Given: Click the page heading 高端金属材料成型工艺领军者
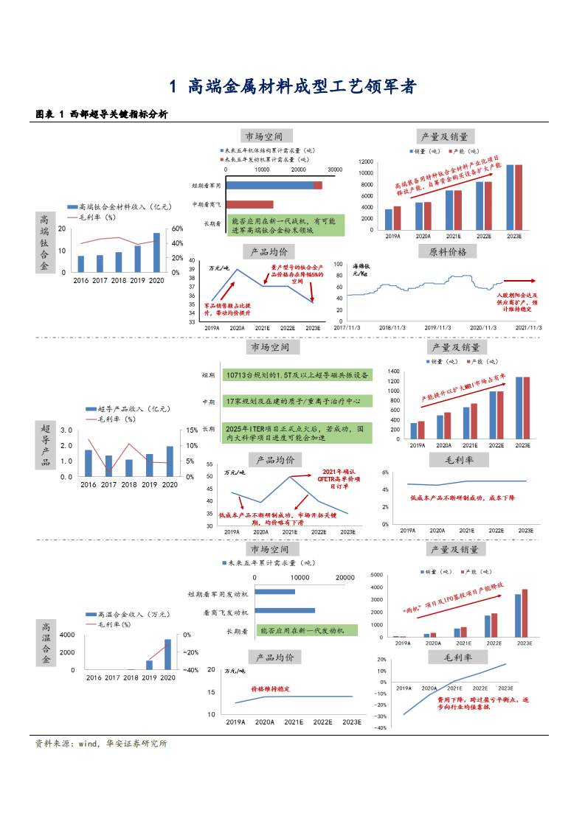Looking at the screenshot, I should click(293, 87).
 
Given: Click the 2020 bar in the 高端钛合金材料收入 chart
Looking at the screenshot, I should click(156, 253).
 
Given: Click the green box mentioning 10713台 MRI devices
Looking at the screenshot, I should click(297, 375).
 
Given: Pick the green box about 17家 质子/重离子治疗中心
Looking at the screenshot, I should click(297, 401).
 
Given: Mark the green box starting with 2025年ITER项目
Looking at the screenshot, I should click(297, 433).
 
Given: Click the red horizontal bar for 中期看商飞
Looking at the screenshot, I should click(249, 204).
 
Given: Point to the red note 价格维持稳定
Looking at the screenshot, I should click(271, 688).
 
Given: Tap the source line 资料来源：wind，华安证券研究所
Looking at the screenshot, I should click(102, 744).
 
